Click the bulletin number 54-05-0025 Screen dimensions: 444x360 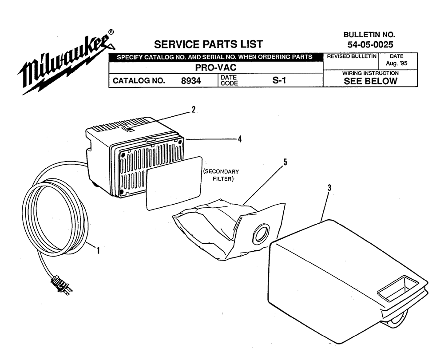pos(370,44)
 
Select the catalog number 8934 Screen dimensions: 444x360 pos(191,81)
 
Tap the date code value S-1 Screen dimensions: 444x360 pos(279,80)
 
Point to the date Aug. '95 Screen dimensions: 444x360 pos(396,63)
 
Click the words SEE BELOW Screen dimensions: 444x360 pos(370,81)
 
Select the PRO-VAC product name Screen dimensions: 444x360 pos(216,68)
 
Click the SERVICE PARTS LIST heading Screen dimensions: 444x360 pos(208,44)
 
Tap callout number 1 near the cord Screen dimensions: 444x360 pos(98,250)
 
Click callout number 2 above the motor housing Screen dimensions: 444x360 pos(194,110)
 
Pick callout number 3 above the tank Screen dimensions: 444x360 pos(329,188)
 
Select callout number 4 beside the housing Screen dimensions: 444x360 pos(240,139)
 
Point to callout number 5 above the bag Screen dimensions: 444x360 pos(285,162)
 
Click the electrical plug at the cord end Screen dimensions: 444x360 pos(61,285)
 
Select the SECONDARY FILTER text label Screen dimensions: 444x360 pos(222,175)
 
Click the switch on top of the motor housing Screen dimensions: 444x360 pos(128,129)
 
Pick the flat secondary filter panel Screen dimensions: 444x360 pos(174,183)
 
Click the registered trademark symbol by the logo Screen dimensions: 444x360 pos(111,32)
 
